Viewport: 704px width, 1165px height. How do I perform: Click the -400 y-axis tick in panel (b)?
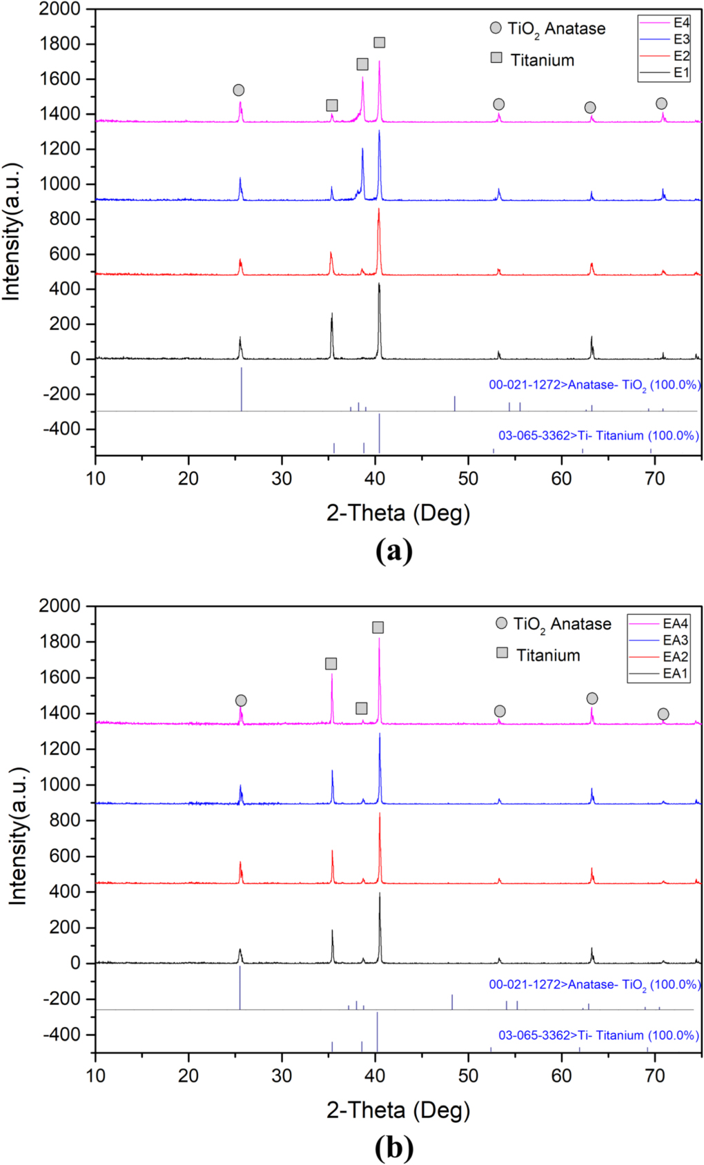pos(63,1034)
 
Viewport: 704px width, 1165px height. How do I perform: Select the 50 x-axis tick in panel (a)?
pos(468,478)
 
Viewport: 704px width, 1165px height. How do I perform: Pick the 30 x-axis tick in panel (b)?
pos(282,1075)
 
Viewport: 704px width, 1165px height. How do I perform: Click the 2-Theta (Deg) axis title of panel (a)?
pos(398,513)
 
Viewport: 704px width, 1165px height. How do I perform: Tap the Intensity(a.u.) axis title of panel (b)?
pos(17,836)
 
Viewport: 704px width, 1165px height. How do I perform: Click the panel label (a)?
pos(394,551)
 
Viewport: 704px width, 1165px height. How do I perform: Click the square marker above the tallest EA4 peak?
pos(378,627)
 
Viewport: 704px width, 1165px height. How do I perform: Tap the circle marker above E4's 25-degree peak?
pos(239,90)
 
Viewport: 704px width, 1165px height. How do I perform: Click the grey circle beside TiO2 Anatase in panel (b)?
pos(502,623)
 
